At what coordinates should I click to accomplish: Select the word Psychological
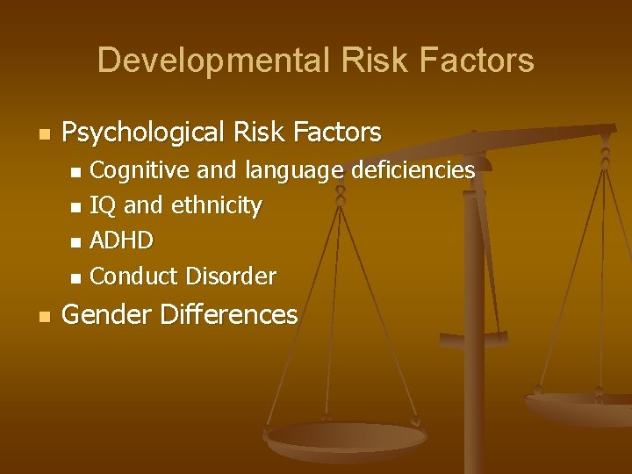[x=144, y=133]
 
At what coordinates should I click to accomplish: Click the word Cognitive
[x=131, y=169]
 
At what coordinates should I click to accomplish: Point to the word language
[x=293, y=170]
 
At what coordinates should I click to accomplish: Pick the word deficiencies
[x=413, y=169]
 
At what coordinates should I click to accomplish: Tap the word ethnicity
[x=216, y=205]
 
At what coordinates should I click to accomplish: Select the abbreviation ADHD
[x=122, y=241]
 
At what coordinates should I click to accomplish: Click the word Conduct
[x=133, y=276]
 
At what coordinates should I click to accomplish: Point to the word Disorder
[x=231, y=276]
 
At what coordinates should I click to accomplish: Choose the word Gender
[x=102, y=314]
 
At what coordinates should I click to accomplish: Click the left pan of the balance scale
[x=346, y=437]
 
